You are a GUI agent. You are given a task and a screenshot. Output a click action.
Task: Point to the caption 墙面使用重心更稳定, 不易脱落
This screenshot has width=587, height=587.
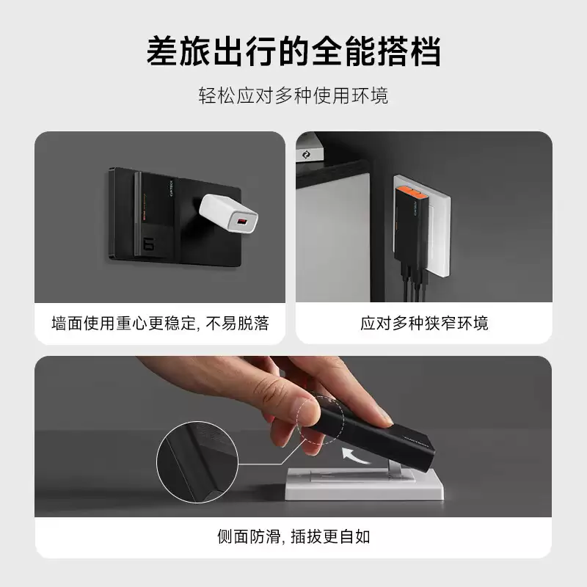coord(160,323)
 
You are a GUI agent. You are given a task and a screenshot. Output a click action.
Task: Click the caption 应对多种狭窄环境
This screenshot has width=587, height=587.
coord(424,323)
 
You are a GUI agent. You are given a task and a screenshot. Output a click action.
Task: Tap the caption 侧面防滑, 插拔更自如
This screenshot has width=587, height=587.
coord(293,536)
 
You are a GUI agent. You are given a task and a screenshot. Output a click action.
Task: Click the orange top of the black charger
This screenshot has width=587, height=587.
coord(409,194)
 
